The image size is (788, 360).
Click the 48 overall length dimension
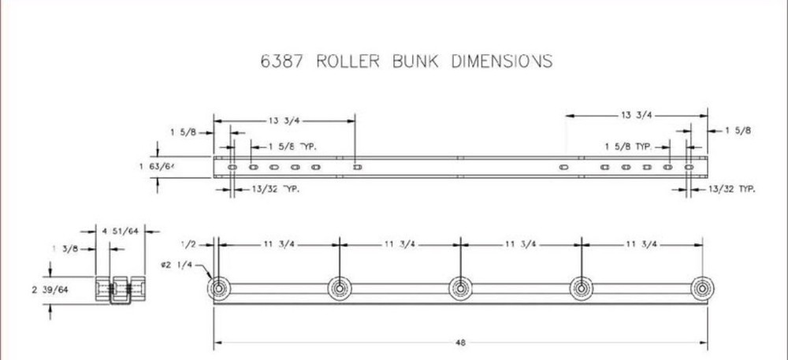click(460, 343)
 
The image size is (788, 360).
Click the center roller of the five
click(460, 289)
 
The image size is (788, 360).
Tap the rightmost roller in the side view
click(701, 289)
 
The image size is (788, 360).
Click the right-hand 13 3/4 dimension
click(637, 115)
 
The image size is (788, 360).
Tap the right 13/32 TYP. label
click(732, 189)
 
